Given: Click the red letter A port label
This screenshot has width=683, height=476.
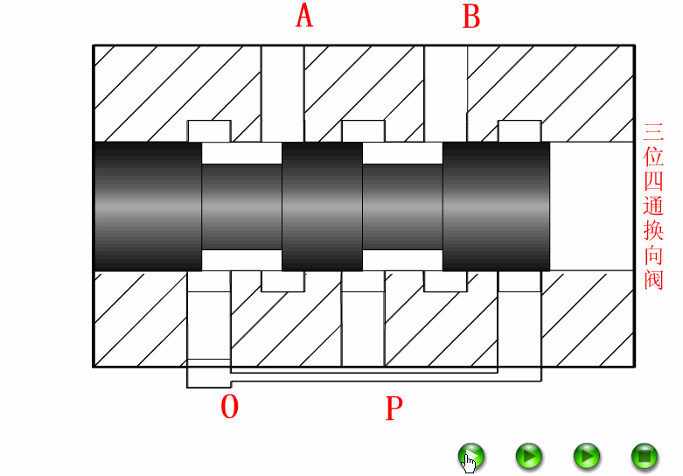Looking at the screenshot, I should (x=304, y=16).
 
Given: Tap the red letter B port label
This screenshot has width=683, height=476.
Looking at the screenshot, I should (x=471, y=16).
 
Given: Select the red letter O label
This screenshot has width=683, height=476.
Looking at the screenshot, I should (x=229, y=407).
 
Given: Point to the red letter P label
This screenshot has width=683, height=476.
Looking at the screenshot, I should (x=394, y=408).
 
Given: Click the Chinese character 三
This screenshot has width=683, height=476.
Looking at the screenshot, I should (x=653, y=133).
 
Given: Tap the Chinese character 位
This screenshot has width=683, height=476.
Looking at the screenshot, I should (x=653, y=157).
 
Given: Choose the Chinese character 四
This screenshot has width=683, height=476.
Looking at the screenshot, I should (x=653, y=182).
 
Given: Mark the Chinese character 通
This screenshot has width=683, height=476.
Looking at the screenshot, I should (x=653, y=206).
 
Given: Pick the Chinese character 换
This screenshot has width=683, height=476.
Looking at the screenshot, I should (x=653, y=231).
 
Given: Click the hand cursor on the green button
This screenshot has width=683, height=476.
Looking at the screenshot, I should (x=470, y=459).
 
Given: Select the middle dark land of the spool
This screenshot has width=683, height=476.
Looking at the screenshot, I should (x=322, y=206).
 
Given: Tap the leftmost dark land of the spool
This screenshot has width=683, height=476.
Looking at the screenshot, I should (x=147, y=206).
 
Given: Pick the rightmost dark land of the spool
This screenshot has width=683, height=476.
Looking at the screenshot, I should (x=497, y=206).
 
